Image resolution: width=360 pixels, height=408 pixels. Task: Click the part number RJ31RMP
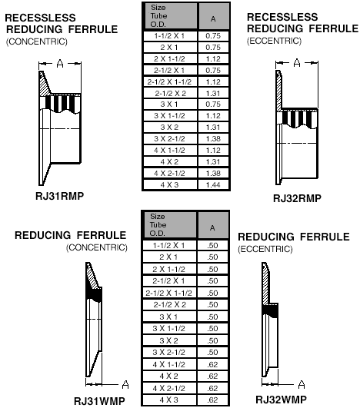60,196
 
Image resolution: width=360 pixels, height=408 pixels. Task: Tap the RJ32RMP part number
297,198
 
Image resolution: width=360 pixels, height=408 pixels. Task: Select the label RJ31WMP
99,401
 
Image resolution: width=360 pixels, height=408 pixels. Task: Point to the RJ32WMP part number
281,400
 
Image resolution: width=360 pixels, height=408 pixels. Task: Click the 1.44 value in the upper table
213,184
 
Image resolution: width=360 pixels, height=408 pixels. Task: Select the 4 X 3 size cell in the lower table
168,400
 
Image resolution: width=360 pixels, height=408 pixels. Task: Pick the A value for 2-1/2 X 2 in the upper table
213,93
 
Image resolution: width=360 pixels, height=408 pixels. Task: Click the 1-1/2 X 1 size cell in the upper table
169,36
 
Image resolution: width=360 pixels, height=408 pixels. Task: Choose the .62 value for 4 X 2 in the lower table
212,376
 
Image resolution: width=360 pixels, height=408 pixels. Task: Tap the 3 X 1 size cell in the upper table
169,104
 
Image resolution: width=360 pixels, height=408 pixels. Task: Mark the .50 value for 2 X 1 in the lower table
212,257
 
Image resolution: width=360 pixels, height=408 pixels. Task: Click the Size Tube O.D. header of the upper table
158,16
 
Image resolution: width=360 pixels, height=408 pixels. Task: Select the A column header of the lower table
212,228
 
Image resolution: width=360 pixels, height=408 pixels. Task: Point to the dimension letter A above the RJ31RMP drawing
60,63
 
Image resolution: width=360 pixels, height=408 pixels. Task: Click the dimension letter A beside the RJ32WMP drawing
302,384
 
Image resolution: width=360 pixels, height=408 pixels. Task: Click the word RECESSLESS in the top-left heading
40,18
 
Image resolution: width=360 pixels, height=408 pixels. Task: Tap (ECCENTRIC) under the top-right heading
274,41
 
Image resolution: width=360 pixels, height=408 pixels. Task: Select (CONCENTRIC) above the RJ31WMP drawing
97,247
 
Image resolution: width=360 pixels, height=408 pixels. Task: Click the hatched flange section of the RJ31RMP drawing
45,85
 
